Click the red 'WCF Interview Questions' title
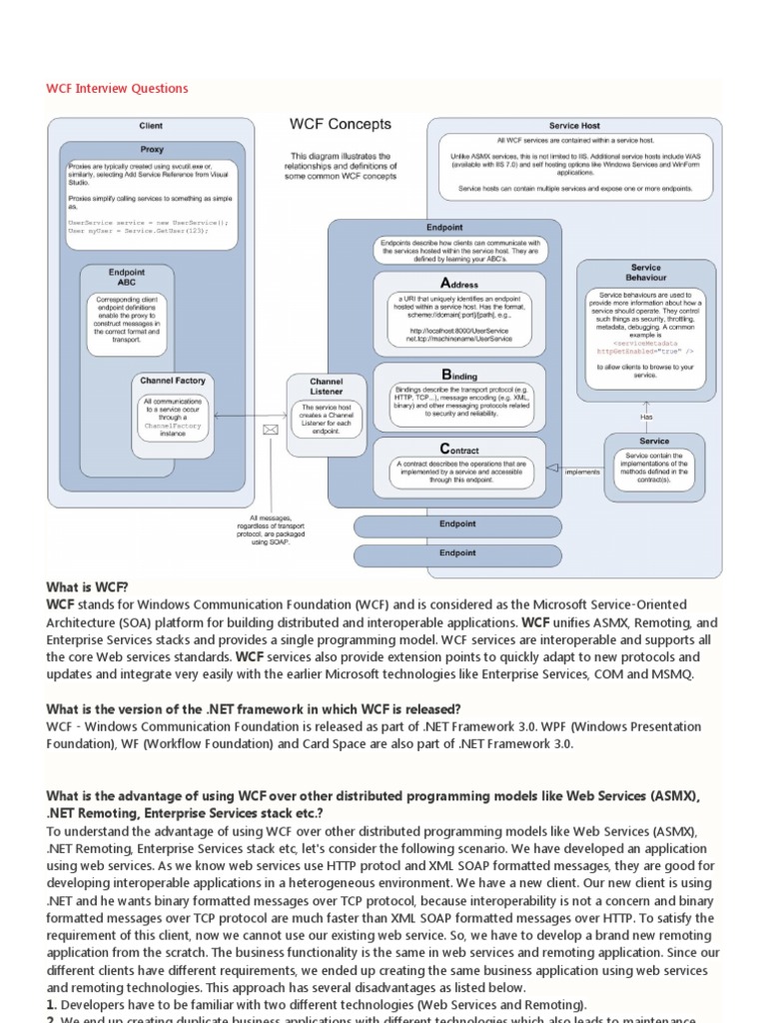coord(117,88)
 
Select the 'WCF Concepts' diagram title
coord(340,125)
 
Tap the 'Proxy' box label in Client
coord(152,148)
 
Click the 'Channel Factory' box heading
coord(173,381)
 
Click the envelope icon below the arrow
coord(270,431)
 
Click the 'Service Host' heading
coord(574,126)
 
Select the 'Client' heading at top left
coord(151,126)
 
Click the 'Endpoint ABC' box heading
coord(126,277)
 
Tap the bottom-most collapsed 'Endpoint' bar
coord(457,552)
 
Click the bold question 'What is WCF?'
coord(87,587)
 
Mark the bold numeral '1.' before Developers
coord(52,1004)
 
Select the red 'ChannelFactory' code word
coord(173,426)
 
